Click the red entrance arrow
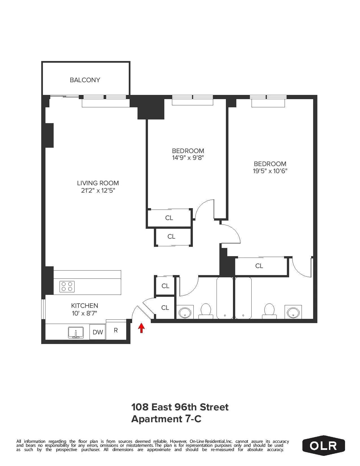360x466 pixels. (141, 328)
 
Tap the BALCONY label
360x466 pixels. (85, 80)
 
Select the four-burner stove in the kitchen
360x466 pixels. (67, 286)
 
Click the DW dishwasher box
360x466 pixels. (98, 332)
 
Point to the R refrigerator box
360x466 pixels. (116, 330)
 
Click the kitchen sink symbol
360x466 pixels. (76, 332)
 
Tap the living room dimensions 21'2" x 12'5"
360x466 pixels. (98, 190)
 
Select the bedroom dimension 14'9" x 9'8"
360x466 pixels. (188, 158)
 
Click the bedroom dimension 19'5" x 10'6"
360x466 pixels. (270, 171)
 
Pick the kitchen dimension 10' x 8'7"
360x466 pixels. (84, 313)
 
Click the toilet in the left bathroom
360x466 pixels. (206, 311)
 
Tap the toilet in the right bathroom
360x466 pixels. (269, 311)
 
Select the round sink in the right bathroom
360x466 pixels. (293, 312)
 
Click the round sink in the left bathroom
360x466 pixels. (185, 312)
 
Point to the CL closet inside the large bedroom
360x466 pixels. (259, 266)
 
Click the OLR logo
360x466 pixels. (323, 446)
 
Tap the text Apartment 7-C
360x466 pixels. (166, 419)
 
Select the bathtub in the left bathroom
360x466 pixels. (225, 298)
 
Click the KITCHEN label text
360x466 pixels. (84, 306)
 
